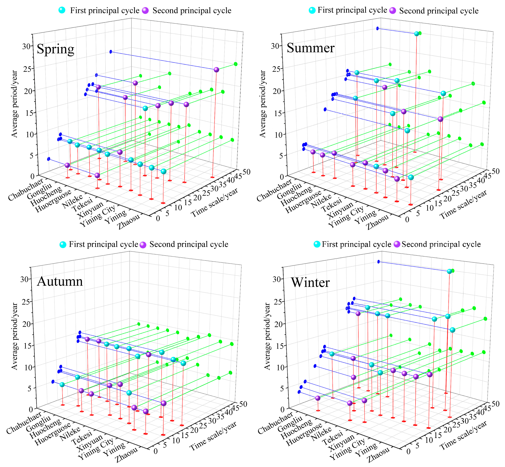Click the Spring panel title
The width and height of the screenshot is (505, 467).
(x=55, y=49)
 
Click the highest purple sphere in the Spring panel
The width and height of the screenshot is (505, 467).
(x=216, y=70)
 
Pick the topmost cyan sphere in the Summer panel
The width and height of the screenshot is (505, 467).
(x=417, y=34)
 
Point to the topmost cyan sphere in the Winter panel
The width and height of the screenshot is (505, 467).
(x=449, y=271)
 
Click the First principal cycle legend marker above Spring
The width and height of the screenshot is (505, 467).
(x=62, y=10)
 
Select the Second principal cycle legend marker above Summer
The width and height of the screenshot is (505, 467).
(x=393, y=11)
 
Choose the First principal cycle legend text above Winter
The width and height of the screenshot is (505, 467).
(x=356, y=244)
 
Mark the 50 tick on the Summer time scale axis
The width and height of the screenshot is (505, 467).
(x=496, y=171)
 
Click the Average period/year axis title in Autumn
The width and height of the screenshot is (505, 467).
(x=15, y=336)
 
